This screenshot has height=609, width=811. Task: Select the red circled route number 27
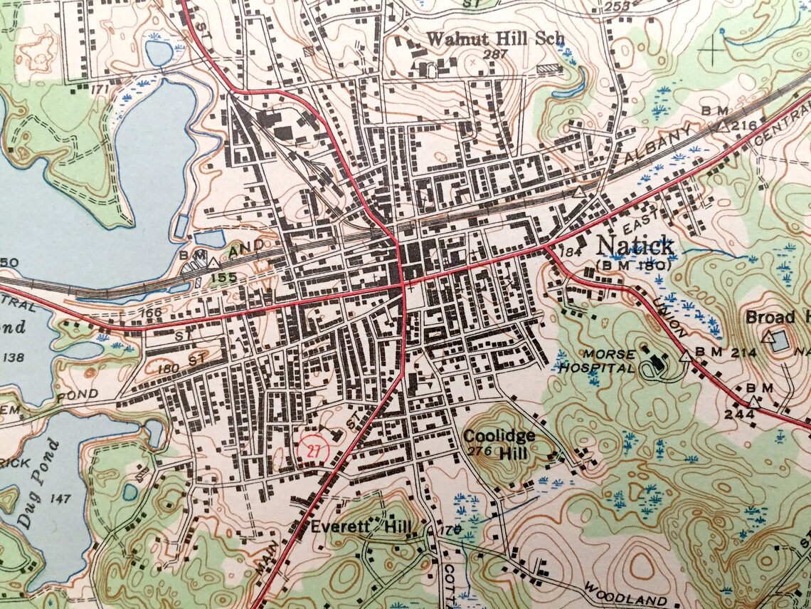[312, 449]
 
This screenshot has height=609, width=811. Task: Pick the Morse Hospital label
[596, 361]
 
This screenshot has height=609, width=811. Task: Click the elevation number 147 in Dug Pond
[61, 498]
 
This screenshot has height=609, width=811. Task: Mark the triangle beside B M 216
[722, 126]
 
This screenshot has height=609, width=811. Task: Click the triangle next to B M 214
[686, 355]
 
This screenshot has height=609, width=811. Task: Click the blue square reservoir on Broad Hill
[782, 340]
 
